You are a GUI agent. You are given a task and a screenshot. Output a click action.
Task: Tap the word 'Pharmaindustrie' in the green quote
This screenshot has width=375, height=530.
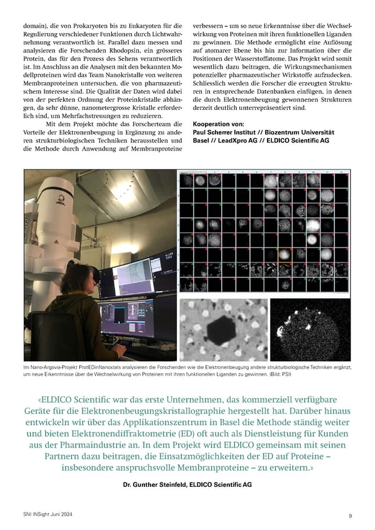pyautogui.click(x=114, y=446)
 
